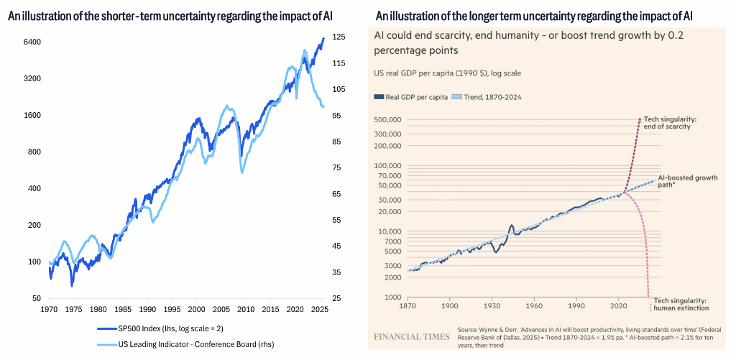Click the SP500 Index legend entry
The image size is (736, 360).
178,329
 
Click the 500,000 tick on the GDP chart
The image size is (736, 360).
388,120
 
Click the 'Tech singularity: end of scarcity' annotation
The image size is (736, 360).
667,122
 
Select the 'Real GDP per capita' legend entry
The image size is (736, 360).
412,96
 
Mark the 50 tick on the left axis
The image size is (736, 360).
34,298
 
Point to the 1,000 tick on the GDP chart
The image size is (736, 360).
392,297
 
